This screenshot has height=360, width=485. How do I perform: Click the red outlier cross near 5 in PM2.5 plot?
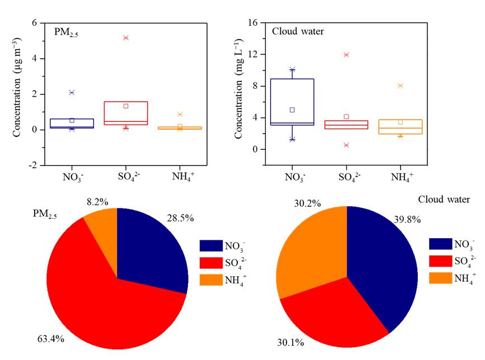(126, 37)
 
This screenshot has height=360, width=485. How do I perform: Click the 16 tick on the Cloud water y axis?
(252, 23)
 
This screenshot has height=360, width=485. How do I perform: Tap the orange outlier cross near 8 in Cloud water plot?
(400, 86)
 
